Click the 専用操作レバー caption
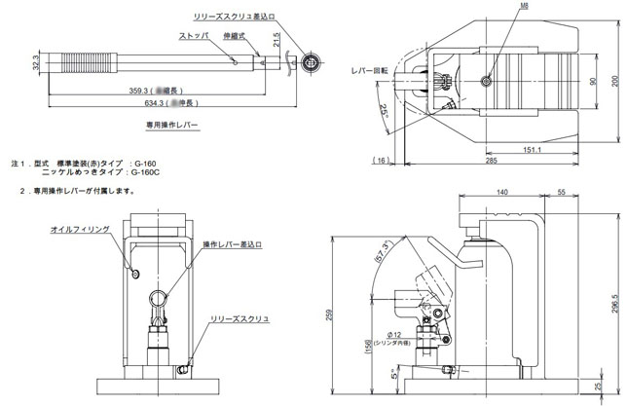(168, 126)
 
